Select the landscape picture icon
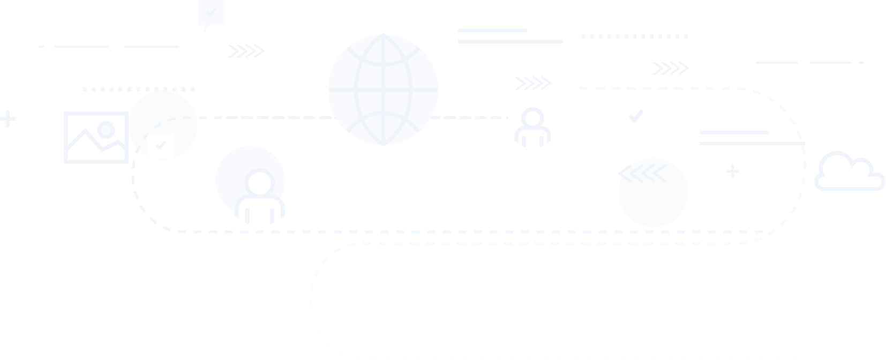pos(96,138)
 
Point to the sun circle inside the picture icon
pos(106,130)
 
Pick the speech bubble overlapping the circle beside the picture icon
pos(160,146)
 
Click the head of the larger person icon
pos(260,183)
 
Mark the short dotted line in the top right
pos(635,36)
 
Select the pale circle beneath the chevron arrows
pos(654,201)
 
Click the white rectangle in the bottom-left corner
pos(147,347)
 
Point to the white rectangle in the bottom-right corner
pos(865,347)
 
